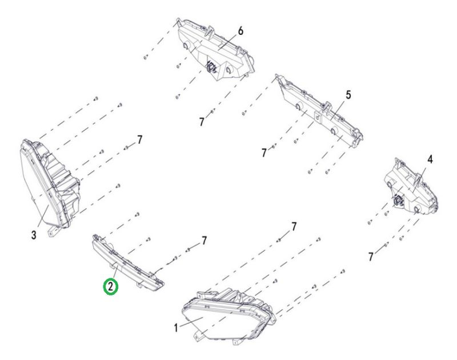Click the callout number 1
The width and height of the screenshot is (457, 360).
click(176, 328)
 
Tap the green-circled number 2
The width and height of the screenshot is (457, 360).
click(111, 286)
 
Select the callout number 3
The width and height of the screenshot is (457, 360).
click(34, 235)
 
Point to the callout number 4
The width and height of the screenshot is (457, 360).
click(430, 159)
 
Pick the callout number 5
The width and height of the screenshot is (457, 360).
click(348, 95)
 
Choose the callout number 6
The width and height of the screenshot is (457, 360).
click(240, 31)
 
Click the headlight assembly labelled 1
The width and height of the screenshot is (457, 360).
click(228, 315)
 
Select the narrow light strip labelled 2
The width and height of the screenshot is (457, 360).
click(127, 263)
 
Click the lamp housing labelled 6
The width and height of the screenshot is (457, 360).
click(215, 49)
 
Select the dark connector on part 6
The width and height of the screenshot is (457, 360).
click(210, 67)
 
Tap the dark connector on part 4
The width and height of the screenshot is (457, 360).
click(397, 200)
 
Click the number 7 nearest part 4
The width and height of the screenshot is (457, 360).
click(370, 257)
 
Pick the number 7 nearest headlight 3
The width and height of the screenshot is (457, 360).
click(140, 140)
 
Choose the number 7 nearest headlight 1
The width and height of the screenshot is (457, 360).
click(294, 226)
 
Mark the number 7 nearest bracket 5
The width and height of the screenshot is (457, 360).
click(264, 153)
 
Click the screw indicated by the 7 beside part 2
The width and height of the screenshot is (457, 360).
click(189, 250)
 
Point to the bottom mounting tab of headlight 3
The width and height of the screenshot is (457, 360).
click(53, 231)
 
